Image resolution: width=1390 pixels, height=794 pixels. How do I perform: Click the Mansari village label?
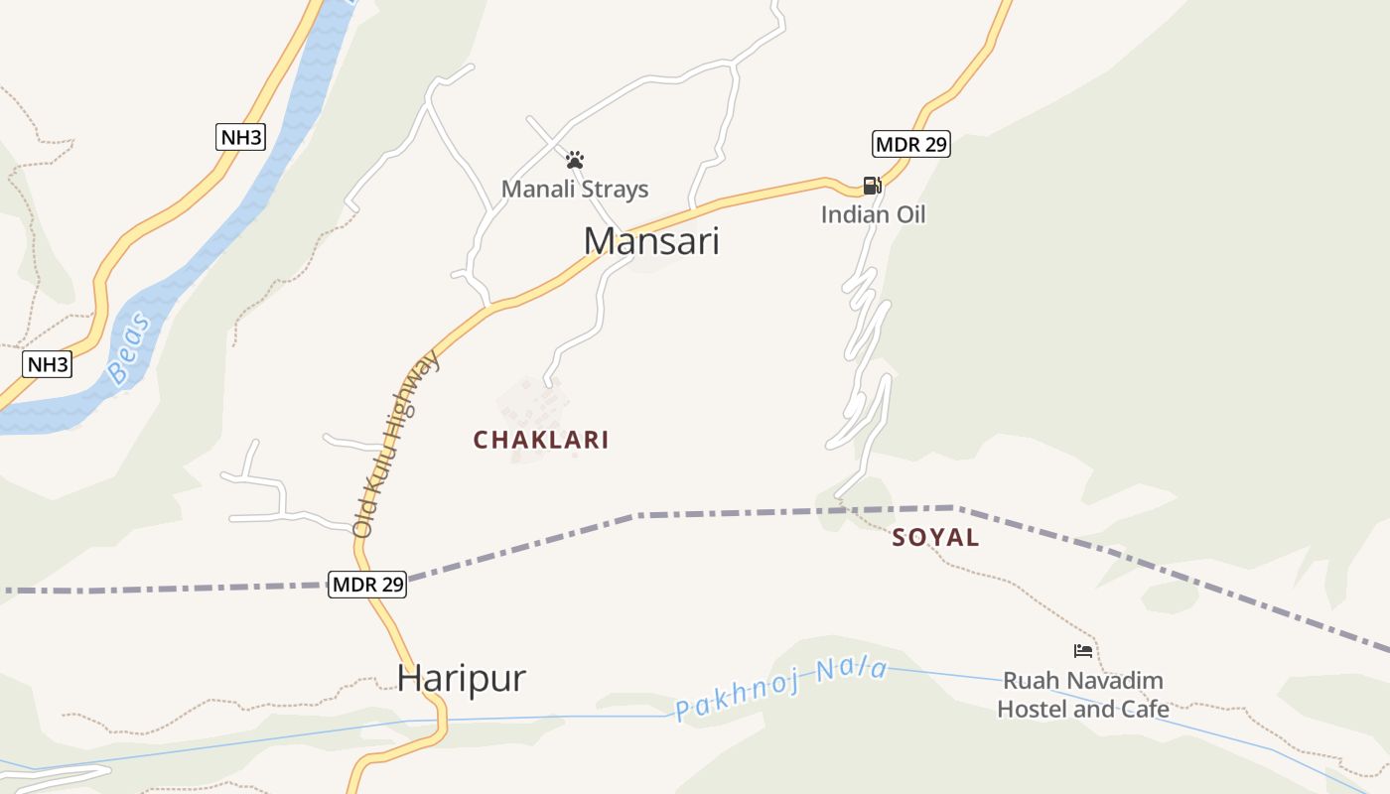pos(651,241)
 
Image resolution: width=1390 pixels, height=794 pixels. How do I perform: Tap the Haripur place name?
pos(462,678)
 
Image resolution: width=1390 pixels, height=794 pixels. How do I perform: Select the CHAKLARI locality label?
pos(541,440)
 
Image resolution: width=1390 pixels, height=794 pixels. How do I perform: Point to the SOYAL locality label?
pos(935,538)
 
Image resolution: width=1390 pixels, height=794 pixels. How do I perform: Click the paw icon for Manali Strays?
pos(575,160)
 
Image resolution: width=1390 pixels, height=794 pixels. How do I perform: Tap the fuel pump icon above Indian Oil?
pos(872,186)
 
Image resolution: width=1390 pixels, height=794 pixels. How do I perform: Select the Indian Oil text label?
pos(873,214)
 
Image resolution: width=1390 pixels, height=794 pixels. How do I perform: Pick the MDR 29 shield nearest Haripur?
pos(367,585)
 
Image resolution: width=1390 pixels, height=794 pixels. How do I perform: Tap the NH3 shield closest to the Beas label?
pos(48,364)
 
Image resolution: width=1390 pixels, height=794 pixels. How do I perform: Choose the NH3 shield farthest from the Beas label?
pos(240,137)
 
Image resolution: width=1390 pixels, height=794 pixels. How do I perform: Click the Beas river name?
pos(129,348)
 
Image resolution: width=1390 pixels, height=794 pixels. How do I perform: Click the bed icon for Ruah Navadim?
pos(1083,651)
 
